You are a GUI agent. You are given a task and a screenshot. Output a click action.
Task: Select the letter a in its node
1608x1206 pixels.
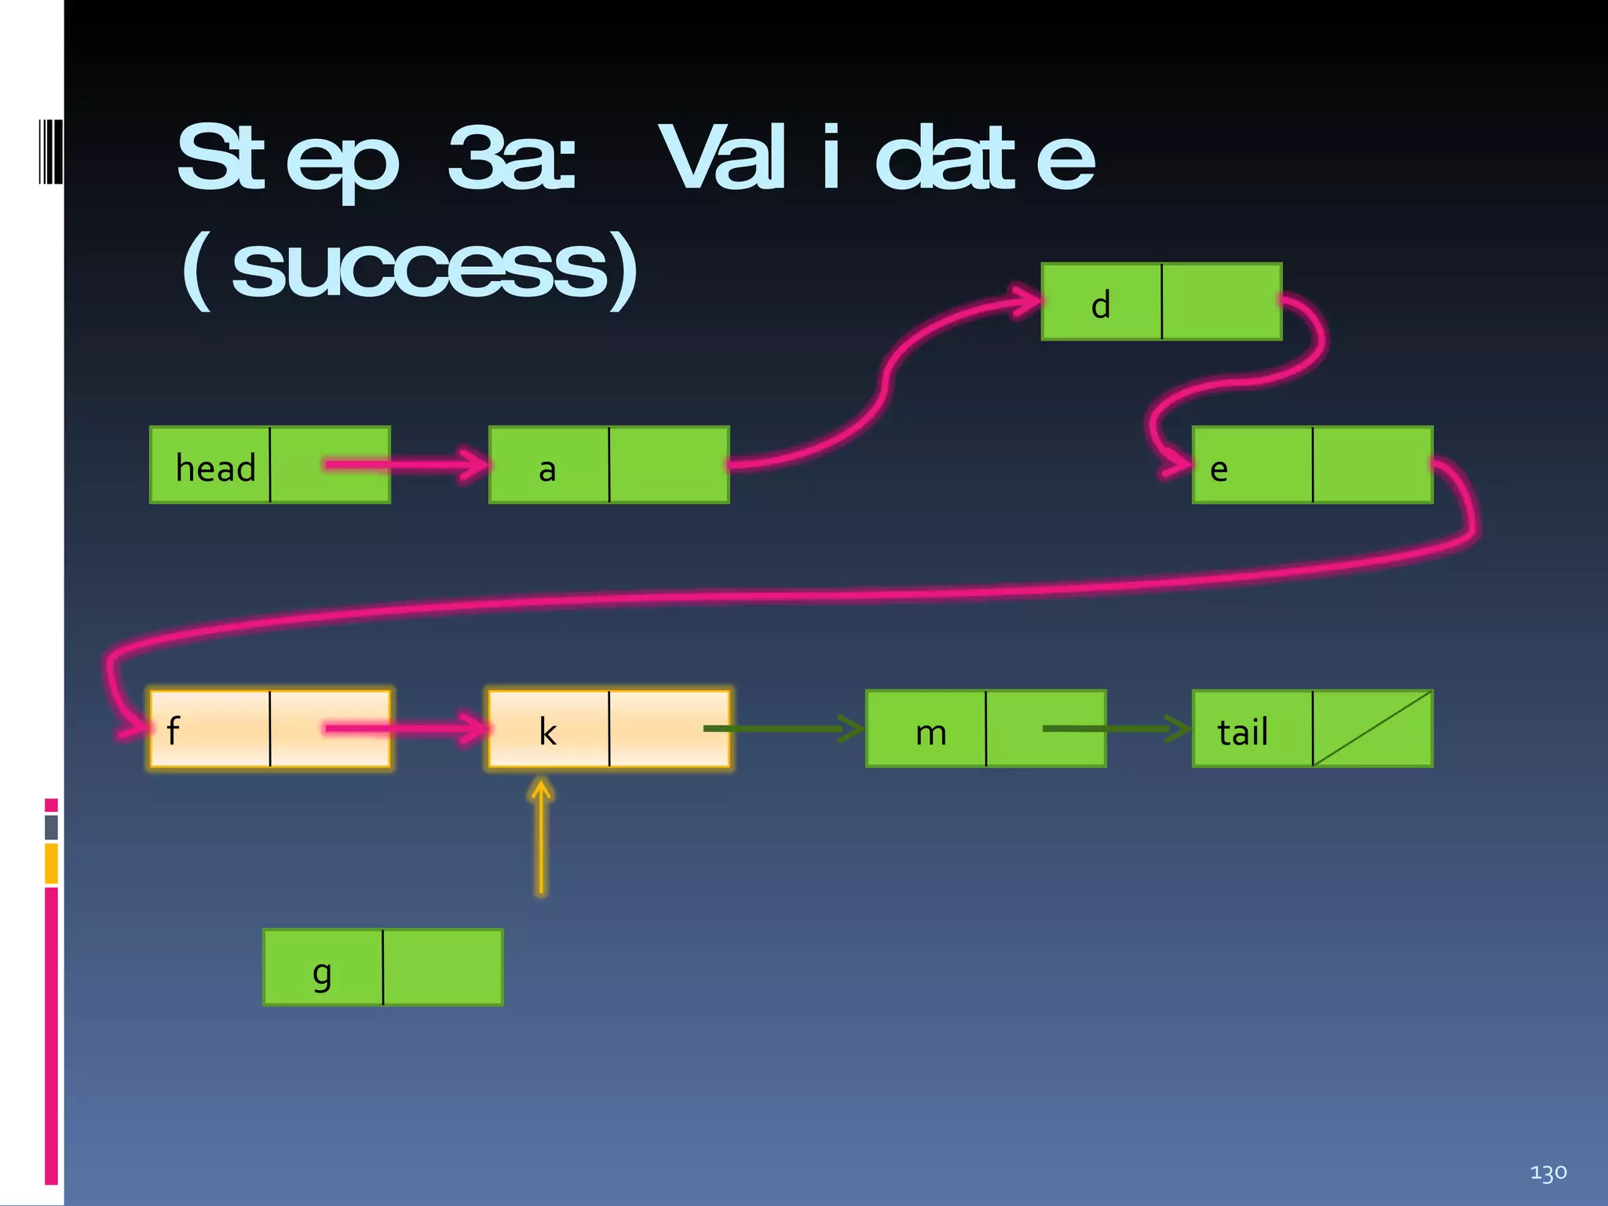pos(547,470)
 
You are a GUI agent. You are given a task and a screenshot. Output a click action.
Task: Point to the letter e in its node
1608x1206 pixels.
pos(1219,470)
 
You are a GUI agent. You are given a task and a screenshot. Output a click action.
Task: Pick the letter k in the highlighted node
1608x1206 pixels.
pos(547,732)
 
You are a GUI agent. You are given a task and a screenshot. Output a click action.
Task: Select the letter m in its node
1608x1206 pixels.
pos(930,733)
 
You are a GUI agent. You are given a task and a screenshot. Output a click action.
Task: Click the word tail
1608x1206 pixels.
pos(1242,732)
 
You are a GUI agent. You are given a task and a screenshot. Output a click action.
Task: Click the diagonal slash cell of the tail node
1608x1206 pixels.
pos(1372,729)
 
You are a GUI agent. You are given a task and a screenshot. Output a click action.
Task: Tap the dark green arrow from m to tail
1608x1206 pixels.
pos(1115,729)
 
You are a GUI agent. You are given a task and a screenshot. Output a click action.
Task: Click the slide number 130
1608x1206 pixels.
pos(1548,1173)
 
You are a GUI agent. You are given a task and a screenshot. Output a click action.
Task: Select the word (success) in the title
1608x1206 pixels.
pos(410,269)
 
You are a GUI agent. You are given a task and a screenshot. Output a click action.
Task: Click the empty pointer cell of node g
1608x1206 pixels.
pos(443,967)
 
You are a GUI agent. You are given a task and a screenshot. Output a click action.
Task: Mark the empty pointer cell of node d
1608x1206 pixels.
pos(1221,301)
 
